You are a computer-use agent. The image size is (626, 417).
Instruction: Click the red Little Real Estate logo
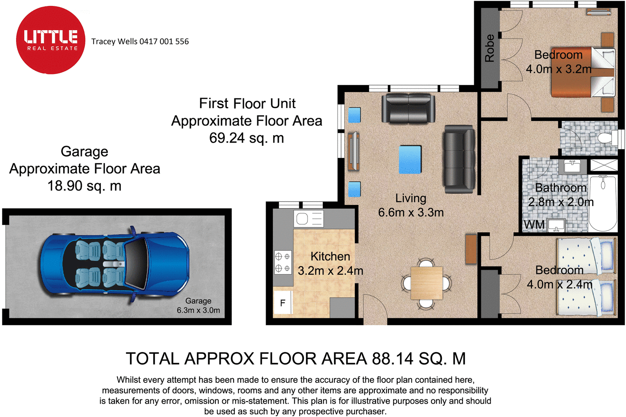(50, 40)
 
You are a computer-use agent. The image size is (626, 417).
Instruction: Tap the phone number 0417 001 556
(164, 42)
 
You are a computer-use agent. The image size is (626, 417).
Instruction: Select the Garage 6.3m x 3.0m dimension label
(198, 305)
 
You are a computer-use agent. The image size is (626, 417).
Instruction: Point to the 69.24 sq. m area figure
(246, 138)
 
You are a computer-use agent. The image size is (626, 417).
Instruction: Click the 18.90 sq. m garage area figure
(85, 186)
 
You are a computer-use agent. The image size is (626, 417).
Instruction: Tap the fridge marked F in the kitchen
(282, 303)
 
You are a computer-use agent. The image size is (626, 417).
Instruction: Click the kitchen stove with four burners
(283, 262)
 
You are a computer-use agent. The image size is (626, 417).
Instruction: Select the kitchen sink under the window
(309, 219)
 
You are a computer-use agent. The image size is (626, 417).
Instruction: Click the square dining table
(426, 283)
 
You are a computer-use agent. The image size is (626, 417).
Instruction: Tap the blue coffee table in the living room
(410, 160)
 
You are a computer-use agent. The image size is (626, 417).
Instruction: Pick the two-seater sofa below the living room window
(408, 109)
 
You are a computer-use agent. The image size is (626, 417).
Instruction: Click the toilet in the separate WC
(607, 138)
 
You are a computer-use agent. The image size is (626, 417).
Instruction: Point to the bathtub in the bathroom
(603, 203)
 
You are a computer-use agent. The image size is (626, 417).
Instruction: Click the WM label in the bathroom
(534, 225)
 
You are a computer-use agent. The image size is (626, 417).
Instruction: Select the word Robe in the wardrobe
(489, 48)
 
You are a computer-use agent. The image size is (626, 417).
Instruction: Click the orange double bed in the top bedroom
(583, 72)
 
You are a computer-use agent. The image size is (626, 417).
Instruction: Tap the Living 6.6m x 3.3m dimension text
(411, 205)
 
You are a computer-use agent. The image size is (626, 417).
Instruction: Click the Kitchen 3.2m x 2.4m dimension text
(330, 264)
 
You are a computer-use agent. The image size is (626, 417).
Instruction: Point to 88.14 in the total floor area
(392, 359)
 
